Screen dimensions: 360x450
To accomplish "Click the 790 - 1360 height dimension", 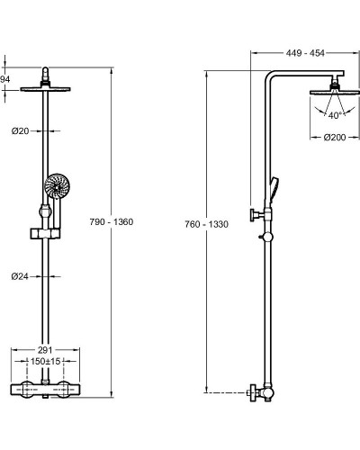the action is pyautogui.click(x=112, y=222).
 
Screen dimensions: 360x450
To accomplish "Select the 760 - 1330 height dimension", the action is pyautogui.click(x=206, y=224).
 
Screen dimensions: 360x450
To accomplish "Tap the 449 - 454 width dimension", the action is pyautogui.click(x=305, y=53).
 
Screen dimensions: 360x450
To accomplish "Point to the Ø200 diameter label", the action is pyautogui.click(x=335, y=138).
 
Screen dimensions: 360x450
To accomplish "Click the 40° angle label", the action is pyautogui.click(x=335, y=115).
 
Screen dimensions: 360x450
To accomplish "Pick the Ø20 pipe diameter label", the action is pyautogui.click(x=20, y=130).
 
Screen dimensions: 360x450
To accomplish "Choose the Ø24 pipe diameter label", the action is pyautogui.click(x=20, y=276).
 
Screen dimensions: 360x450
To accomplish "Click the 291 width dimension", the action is pyautogui.click(x=45, y=350).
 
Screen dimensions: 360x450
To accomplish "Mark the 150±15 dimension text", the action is pyautogui.click(x=46, y=361).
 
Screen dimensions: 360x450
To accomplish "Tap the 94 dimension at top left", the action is pyautogui.click(x=4, y=79).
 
